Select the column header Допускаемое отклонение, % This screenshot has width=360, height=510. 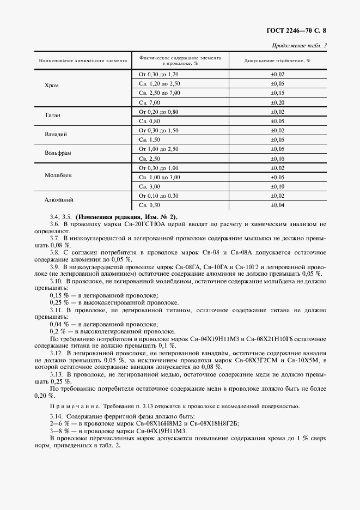[277, 60]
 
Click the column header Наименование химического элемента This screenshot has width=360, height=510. [83, 60]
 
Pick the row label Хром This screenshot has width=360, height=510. [52, 86]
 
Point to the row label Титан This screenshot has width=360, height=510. [52, 116]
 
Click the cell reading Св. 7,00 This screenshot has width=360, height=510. [150, 102]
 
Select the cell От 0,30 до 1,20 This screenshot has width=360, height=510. [159, 74]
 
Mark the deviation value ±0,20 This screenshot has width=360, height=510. [278, 102]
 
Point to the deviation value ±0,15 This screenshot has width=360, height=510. [278, 93]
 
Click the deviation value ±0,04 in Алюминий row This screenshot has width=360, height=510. [278, 205]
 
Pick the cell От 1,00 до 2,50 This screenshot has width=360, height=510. [159, 149]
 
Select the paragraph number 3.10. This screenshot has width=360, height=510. [57, 281]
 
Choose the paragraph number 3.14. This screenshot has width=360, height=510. [57, 416]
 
